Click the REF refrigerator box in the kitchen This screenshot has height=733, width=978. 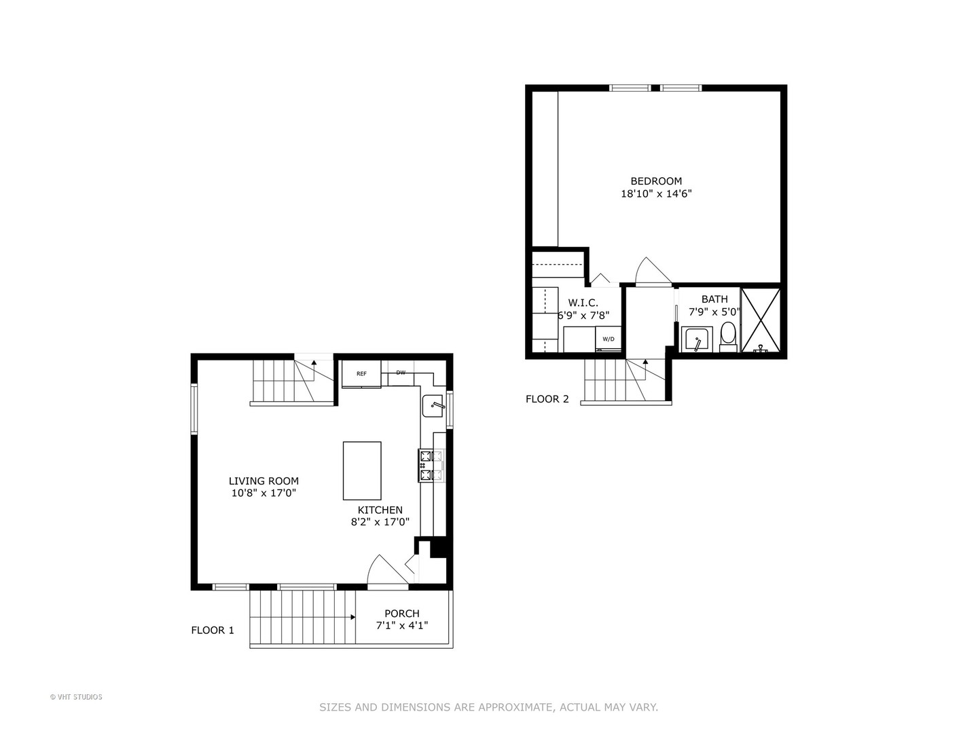tap(361, 374)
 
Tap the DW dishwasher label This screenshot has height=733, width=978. tap(401, 373)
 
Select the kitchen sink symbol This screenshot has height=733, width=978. tap(433, 406)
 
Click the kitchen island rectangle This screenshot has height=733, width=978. tap(362, 470)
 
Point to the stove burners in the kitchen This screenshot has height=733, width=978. tap(426, 466)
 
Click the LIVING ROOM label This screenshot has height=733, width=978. tap(264, 481)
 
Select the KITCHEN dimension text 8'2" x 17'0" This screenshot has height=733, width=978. tap(380, 522)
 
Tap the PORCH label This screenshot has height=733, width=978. tap(402, 614)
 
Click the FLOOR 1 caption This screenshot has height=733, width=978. tap(213, 631)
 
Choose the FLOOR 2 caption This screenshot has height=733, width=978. tap(547, 399)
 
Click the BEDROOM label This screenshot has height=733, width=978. tap(656, 181)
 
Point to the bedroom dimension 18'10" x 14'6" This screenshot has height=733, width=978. tap(656, 193)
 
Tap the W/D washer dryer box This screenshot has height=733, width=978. tap(609, 339)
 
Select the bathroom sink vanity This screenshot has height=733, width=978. tap(696, 339)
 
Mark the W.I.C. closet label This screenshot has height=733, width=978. tap(583, 303)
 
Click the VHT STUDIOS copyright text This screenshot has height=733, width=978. tap(76, 697)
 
